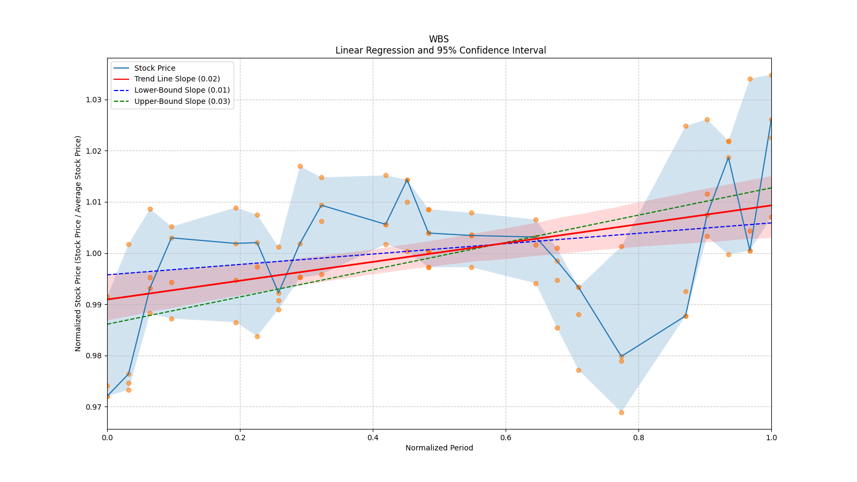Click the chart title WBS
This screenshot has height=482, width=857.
439,39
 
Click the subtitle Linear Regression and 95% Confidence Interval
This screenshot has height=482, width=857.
440,50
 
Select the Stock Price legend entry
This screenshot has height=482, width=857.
155,68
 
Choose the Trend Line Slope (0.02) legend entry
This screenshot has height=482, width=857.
177,79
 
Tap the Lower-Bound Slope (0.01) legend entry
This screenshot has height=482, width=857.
182,90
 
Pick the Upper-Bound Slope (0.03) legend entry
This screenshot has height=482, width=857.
182,101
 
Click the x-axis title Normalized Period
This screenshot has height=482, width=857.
439,448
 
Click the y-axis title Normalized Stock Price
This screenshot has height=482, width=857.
78,243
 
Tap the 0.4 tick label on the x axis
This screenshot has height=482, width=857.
373,438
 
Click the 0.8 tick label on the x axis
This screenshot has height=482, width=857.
638,438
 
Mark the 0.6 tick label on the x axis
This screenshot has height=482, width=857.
506,438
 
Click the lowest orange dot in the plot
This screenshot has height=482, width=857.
621,412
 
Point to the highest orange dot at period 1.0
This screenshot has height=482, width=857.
771,76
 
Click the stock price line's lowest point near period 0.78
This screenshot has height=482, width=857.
621,356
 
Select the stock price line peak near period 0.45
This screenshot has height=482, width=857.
407,180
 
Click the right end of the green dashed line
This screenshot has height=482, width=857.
771,187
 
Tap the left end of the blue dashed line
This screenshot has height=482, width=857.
108,275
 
